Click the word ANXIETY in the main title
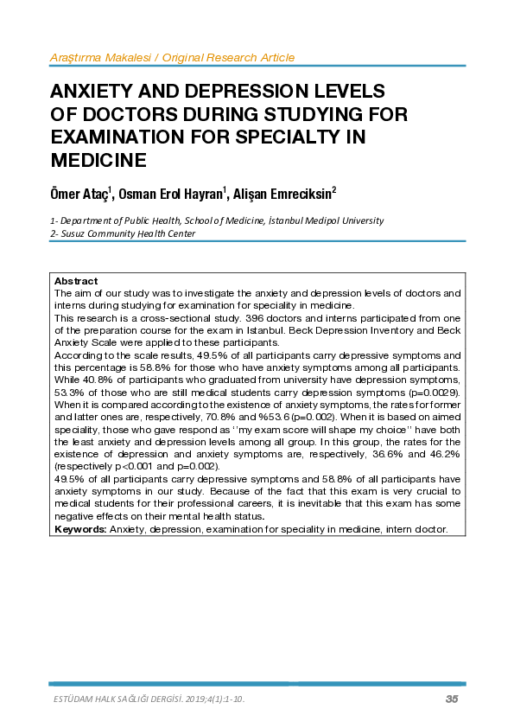coord(96,92)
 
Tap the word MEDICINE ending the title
coord(98,160)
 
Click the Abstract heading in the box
coord(76,282)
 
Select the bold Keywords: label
coord(81,528)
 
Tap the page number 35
coord(452,699)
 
